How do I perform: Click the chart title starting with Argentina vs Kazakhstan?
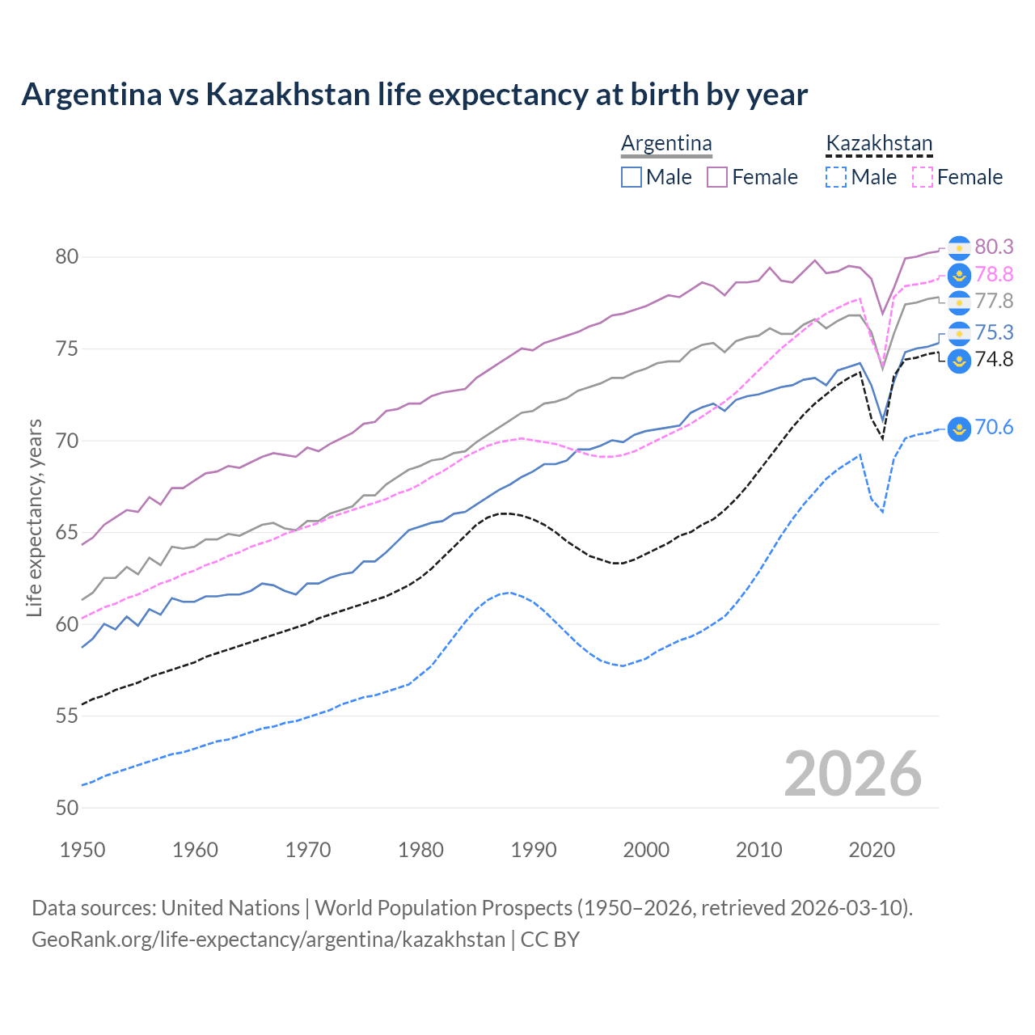click(x=414, y=95)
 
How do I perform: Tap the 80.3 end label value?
click(x=994, y=247)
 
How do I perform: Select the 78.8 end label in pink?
click(x=994, y=275)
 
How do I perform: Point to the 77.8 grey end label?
click(x=994, y=302)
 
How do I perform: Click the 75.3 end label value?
click(x=994, y=332)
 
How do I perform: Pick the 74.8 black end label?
click(x=994, y=359)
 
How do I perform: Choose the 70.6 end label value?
click(x=994, y=427)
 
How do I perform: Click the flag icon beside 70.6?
click(x=959, y=429)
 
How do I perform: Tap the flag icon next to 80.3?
click(x=959, y=247)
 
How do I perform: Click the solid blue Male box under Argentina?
click(x=632, y=177)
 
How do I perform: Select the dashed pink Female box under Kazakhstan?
click(x=923, y=177)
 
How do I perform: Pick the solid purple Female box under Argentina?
click(x=717, y=177)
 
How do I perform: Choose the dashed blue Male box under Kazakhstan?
click(x=836, y=177)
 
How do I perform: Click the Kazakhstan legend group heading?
click(x=879, y=144)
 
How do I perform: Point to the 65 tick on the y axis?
click(x=67, y=533)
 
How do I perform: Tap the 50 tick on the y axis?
click(x=67, y=808)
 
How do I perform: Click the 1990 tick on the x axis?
click(x=534, y=850)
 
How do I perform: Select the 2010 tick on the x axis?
click(x=758, y=850)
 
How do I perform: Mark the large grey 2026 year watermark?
click(x=852, y=774)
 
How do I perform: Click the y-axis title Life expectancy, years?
click(x=34, y=517)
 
